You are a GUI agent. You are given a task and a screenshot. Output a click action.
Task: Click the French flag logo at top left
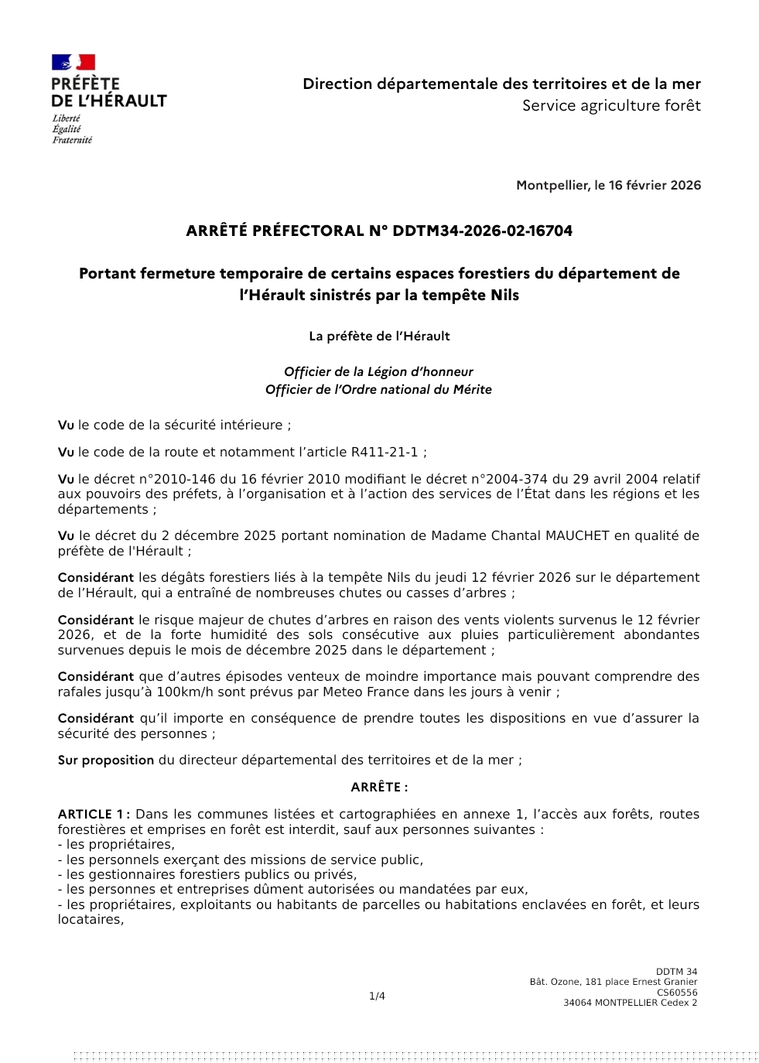[x=74, y=63]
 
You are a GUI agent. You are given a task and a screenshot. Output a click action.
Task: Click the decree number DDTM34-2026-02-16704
[x=482, y=231]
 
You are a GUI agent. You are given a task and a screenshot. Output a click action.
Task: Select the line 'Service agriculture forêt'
[x=611, y=105]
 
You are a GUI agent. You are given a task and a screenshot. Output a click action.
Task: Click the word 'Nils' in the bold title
[x=504, y=295]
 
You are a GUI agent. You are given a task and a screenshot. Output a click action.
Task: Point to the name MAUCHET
[x=578, y=535]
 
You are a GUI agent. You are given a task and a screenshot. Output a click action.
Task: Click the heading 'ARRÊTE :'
[x=379, y=787]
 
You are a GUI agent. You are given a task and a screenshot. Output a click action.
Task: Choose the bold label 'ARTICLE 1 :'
[x=94, y=814]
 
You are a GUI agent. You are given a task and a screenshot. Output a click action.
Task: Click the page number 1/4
[x=377, y=996]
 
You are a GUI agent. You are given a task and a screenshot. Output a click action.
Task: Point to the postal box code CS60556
[x=677, y=993]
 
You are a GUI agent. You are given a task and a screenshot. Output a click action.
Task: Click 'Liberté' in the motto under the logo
[x=67, y=118]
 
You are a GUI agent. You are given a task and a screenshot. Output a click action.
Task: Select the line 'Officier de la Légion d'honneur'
[x=378, y=371]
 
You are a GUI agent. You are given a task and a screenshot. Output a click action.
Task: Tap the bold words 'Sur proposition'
[x=106, y=760]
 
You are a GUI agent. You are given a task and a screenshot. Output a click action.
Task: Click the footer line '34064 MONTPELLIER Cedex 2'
[x=630, y=1003]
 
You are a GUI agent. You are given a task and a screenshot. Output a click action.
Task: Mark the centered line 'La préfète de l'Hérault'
[x=379, y=336]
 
